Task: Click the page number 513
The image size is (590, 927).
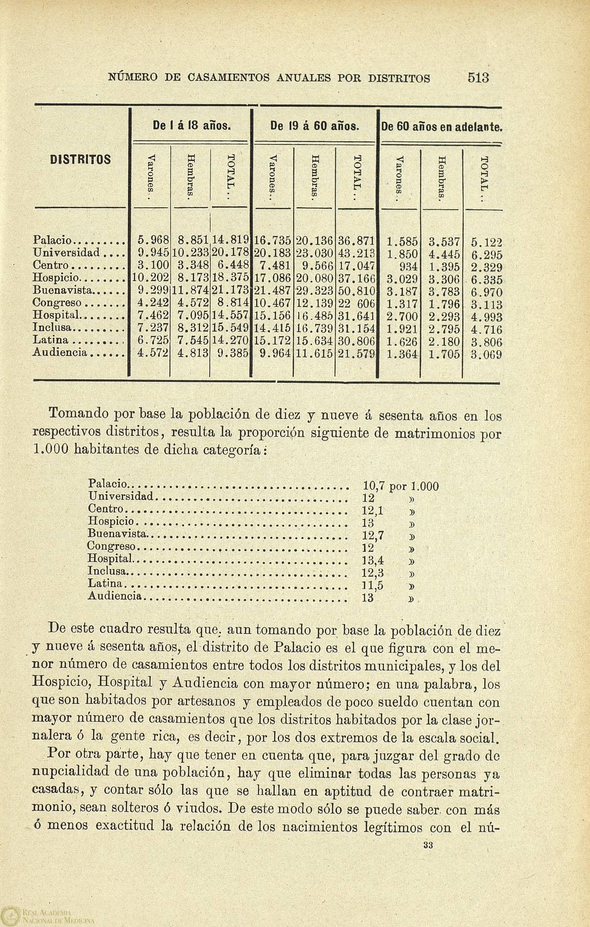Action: [x=478, y=78]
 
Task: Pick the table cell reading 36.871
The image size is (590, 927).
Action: [x=356, y=240]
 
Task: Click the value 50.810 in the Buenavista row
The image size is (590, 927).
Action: [x=357, y=290]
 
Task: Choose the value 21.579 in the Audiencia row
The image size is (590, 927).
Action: [x=356, y=353]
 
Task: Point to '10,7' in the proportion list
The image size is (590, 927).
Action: [x=373, y=485]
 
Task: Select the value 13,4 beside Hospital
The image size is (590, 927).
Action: [x=373, y=560]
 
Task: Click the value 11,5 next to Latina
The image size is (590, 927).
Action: [x=373, y=586]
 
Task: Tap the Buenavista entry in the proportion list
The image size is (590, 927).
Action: [x=117, y=534]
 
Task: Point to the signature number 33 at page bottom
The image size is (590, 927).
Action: [x=428, y=845]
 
